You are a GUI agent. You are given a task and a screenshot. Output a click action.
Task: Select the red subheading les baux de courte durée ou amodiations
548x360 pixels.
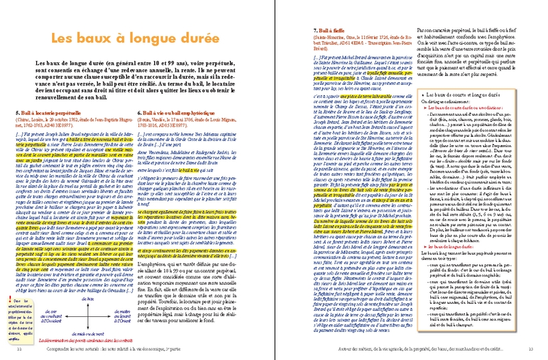click(x=463, y=107)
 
